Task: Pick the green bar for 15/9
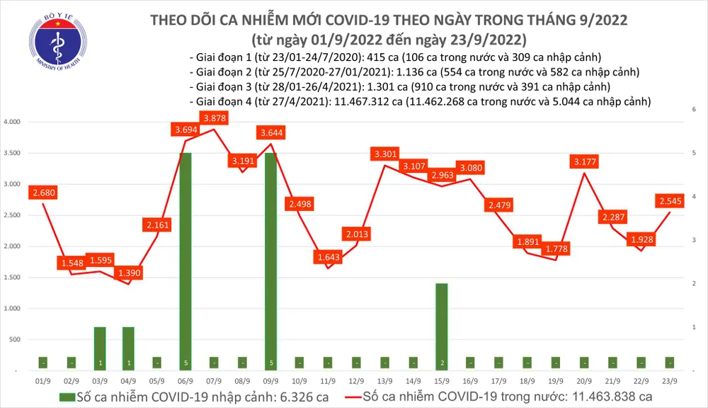point(441,327)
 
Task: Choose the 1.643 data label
point(328,256)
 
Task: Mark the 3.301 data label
point(385,154)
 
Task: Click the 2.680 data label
point(43,193)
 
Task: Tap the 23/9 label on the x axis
point(668,380)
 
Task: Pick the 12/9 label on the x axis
point(356,380)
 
